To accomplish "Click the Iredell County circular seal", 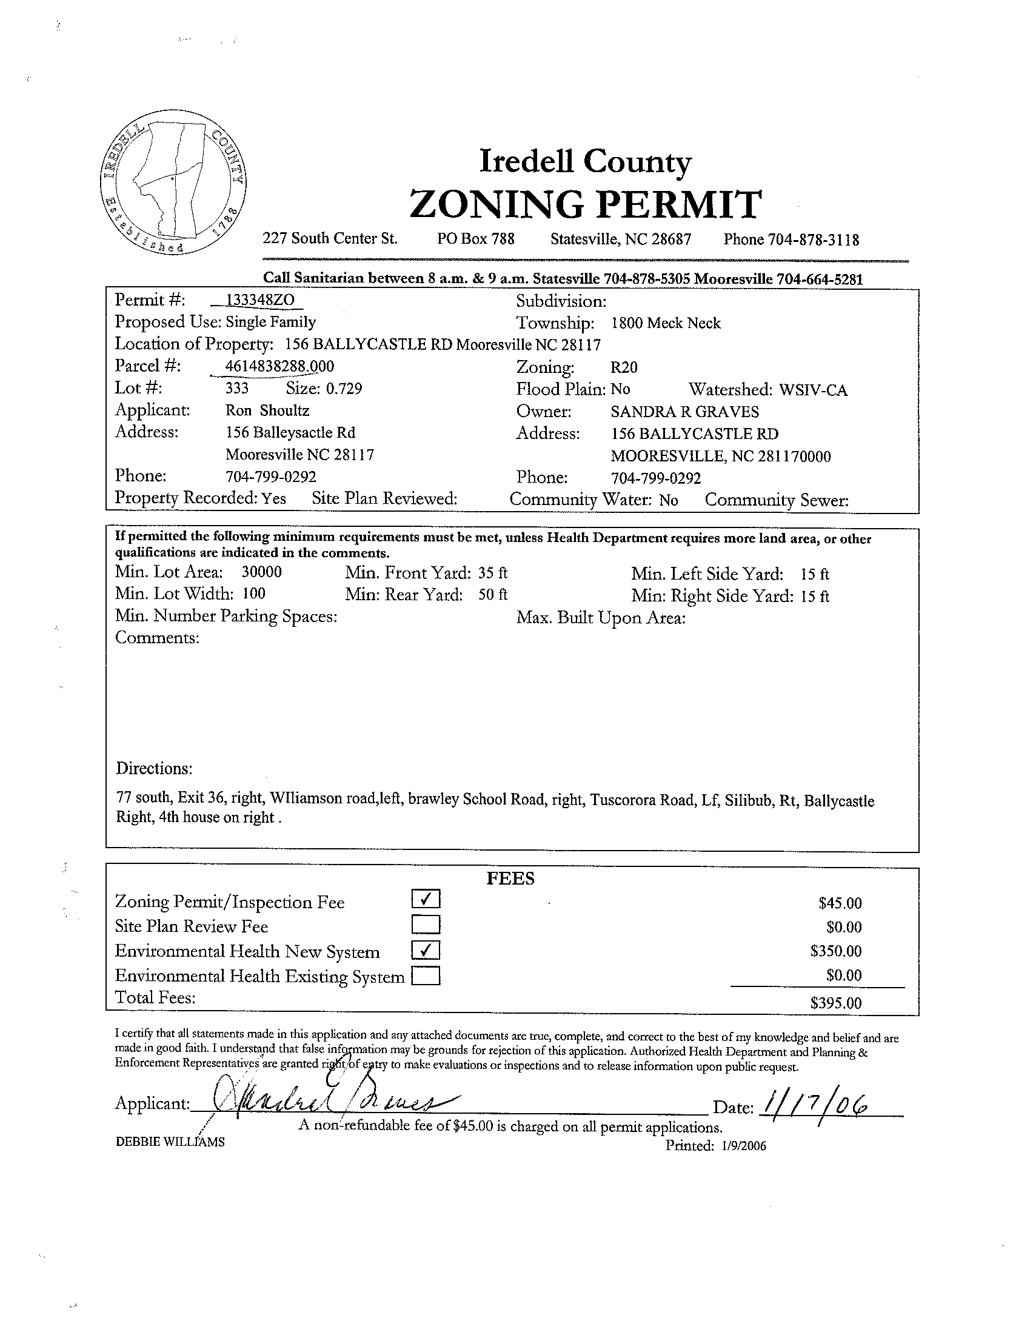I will click(x=173, y=183).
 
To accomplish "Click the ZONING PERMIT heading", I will click(x=585, y=203).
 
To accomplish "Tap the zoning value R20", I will click(x=624, y=367).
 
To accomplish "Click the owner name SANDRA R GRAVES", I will click(x=685, y=412).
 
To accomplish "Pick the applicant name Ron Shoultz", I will click(x=267, y=410).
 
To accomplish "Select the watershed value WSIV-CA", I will click(x=813, y=390).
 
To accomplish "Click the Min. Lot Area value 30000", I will click(x=262, y=572).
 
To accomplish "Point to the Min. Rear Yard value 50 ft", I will click(x=493, y=595).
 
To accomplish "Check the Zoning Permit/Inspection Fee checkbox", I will click(x=426, y=899).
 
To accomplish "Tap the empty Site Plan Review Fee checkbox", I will click(x=426, y=925).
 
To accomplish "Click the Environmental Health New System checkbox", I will click(x=426, y=950).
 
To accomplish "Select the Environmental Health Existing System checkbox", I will click(x=426, y=977).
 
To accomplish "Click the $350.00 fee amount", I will click(x=835, y=951).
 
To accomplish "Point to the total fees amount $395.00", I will click(x=835, y=1003).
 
